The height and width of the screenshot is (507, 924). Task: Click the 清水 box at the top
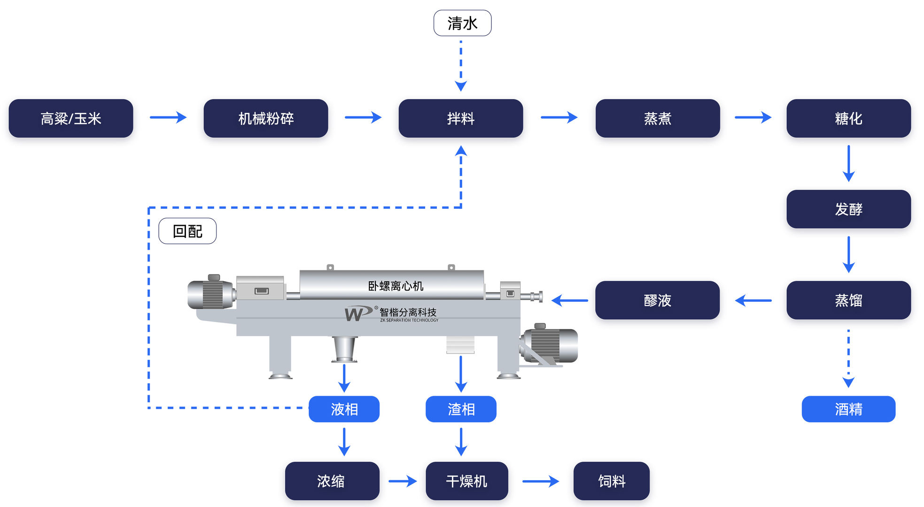pyautogui.click(x=462, y=23)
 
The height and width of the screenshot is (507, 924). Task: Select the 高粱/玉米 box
pyautogui.click(x=71, y=118)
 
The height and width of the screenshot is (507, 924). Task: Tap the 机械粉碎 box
pyautogui.click(x=266, y=118)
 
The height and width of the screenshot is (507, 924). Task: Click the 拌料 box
pyautogui.click(x=460, y=118)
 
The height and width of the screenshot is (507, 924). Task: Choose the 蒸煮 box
pyautogui.click(x=657, y=118)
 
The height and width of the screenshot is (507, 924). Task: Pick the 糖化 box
pyautogui.click(x=848, y=118)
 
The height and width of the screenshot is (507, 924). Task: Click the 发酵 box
pyautogui.click(x=848, y=209)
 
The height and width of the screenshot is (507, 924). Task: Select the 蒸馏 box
pyautogui.click(x=848, y=300)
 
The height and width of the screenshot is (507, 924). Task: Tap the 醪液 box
pyautogui.click(x=657, y=300)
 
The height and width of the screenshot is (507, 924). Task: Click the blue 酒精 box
pyautogui.click(x=848, y=409)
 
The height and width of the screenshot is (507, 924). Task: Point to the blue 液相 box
pyautogui.click(x=344, y=409)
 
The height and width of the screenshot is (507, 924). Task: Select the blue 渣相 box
pyautogui.click(x=461, y=409)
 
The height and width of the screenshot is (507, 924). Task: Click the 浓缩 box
pyautogui.click(x=332, y=481)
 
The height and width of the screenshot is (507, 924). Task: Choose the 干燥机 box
pyautogui.click(x=466, y=481)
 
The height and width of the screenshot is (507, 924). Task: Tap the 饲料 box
pyautogui.click(x=611, y=481)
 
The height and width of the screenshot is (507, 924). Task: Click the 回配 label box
pyautogui.click(x=187, y=231)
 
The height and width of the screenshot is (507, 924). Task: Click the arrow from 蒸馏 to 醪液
pyautogui.click(x=753, y=300)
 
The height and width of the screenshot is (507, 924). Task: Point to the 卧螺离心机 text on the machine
pyautogui.click(x=396, y=286)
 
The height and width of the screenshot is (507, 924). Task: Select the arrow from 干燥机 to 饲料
pyautogui.click(x=541, y=481)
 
